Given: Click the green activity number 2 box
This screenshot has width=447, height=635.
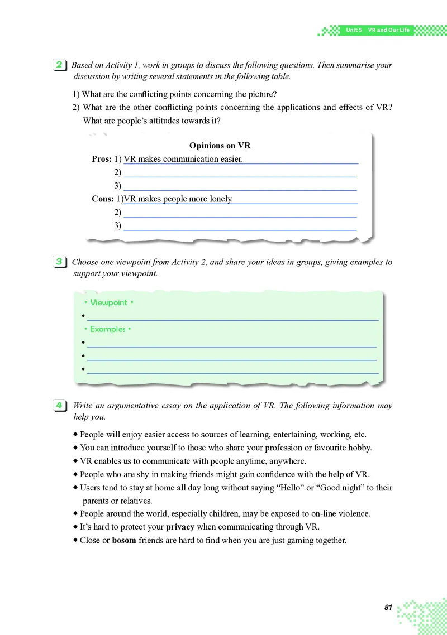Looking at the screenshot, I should [x=59, y=65].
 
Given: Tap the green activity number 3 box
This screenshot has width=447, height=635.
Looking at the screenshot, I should [x=59, y=262].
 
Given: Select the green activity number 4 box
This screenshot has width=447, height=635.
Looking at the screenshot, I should [x=59, y=406].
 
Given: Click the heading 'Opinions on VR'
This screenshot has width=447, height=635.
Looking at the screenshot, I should [x=220, y=146].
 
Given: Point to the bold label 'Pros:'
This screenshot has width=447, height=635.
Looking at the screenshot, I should [x=102, y=159].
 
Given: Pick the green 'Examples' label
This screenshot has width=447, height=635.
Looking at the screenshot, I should [x=107, y=329].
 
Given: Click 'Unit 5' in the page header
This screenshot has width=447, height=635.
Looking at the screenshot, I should [x=354, y=30].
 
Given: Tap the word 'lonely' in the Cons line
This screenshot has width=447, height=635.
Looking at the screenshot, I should [x=220, y=199].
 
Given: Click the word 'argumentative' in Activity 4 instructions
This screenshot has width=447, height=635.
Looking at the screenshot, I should [x=123, y=406].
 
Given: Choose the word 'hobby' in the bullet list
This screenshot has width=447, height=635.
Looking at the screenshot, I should [x=359, y=448].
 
